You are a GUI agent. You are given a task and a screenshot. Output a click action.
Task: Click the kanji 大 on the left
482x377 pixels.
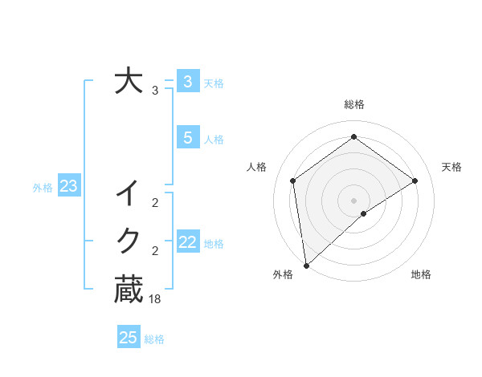[x=129, y=82]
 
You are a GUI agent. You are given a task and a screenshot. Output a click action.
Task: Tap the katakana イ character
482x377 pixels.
[x=129, y=193]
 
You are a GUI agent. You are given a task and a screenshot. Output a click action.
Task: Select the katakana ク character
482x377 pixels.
[x=129, y=240]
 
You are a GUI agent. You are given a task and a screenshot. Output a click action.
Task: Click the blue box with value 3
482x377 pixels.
[x=187, y=81]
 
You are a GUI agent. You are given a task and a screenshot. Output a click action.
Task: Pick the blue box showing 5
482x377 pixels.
[x=187, y=138]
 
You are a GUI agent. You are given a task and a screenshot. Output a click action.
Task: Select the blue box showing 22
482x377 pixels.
[x=187, y=242]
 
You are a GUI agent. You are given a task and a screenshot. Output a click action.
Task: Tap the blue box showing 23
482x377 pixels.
[x=68, y=187]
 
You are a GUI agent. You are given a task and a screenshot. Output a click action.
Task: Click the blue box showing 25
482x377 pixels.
[x=129, y=338]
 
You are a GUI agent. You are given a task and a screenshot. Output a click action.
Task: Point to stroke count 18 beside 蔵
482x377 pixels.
[x=155, y=298]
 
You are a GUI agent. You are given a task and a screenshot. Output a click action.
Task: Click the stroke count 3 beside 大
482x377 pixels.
[x=154, y=91]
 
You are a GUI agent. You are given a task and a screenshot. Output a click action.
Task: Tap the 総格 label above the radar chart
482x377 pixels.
[x=353, y=105]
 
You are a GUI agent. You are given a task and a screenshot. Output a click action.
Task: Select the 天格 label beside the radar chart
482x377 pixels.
[x=452, y=167]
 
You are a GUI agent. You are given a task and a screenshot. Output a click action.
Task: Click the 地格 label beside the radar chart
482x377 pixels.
[x=421, y=274]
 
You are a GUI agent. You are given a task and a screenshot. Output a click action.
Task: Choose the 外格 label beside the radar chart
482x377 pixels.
[x=283, y=274]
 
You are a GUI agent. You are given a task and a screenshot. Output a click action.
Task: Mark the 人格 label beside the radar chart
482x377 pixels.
[x=256, y=167]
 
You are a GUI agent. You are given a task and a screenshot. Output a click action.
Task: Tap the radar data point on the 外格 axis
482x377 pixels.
[x=306, y=265]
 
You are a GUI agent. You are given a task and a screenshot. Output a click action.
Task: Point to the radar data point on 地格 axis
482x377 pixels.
[x=364, y=213]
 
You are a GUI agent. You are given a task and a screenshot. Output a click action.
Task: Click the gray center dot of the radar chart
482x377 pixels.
[x=353, y=200]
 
